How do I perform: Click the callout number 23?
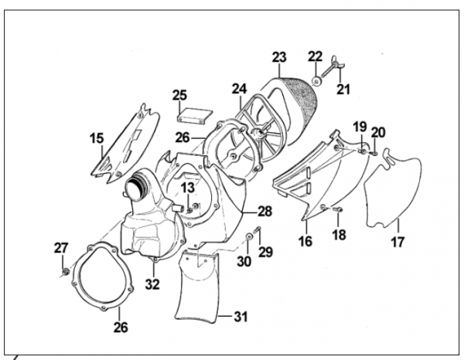(x=279, y=57)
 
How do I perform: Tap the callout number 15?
(x=97, y=138)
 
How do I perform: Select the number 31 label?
(x=241, y=317)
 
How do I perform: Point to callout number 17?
(x=397, y=242)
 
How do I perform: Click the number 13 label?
(x=188, y=187)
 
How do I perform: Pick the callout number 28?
(x=264, y=212)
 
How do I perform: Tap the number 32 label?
(x=152, y=284)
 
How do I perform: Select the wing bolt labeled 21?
(x=331, y=66)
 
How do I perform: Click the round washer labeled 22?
(x=317, y=82)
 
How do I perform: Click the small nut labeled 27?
(x=65, y=271)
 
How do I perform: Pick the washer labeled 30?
(x=248, y=236)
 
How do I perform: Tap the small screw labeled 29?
(x=258, y=229)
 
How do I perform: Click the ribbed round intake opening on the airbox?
(x=137, y=185)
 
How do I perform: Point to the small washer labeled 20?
(x=374, y=153)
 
